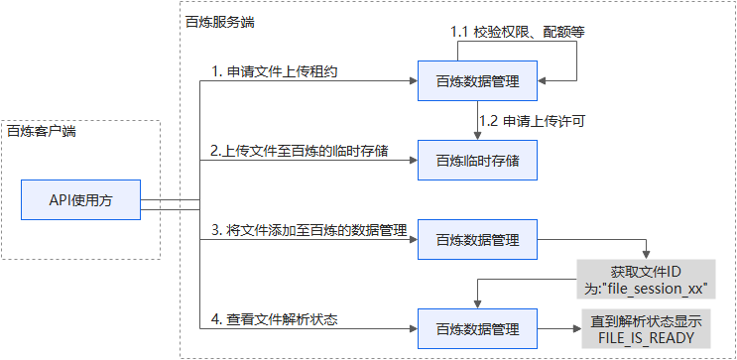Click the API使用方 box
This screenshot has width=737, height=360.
coord(80,200)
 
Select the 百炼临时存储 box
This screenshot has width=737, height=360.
coord(477,159)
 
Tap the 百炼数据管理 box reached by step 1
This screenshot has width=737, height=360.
coord(477,81)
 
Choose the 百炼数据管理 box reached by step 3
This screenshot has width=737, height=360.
coord(477,239)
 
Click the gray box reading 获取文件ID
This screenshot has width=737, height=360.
coord(647,270)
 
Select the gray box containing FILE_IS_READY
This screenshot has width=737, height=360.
coord(647,330)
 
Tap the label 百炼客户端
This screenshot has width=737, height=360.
coord(42,130)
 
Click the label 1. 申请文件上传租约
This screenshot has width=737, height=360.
coord(271,71)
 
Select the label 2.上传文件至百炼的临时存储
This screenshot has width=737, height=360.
coord(299,150)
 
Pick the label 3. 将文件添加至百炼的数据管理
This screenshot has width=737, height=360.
coord(309,230)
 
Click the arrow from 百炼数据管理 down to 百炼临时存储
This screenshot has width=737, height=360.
coord(477,121)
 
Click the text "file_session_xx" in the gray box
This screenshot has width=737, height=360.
coord(654,288)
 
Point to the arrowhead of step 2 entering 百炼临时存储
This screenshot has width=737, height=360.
coord(411,159)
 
